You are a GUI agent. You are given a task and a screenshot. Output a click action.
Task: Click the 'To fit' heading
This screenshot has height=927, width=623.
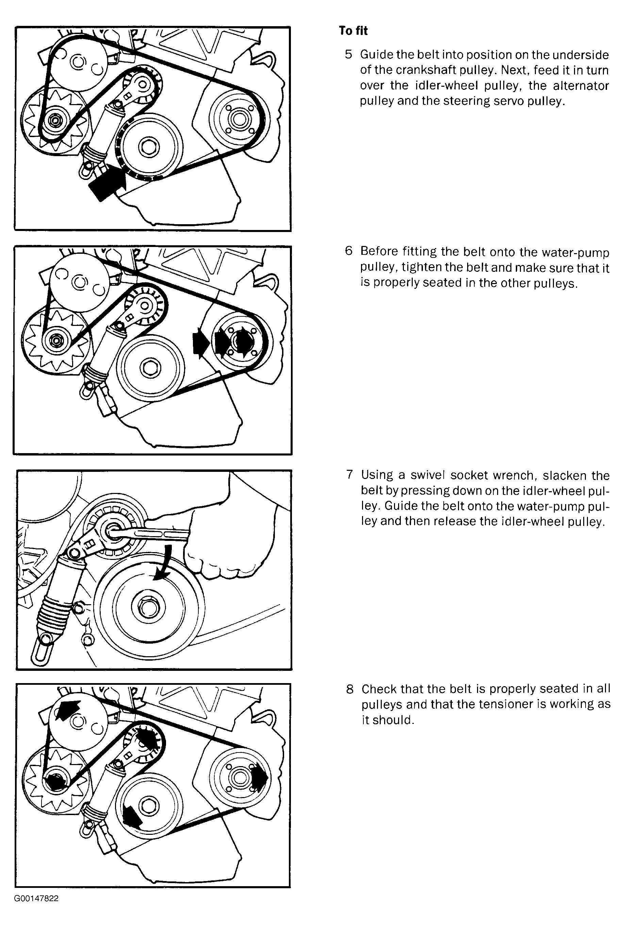coord(353,31)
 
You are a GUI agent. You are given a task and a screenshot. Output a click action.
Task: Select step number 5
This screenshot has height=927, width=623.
coord(348,54)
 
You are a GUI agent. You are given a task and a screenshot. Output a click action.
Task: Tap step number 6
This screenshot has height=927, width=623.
coord(348,251)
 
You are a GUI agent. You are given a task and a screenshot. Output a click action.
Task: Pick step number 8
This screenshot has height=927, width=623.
coord(350,689)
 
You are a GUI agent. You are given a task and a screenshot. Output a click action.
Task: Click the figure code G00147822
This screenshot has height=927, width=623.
coord(36,899)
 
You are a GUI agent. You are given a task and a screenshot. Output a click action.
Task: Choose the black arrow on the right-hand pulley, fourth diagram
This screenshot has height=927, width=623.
coord(259,777)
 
